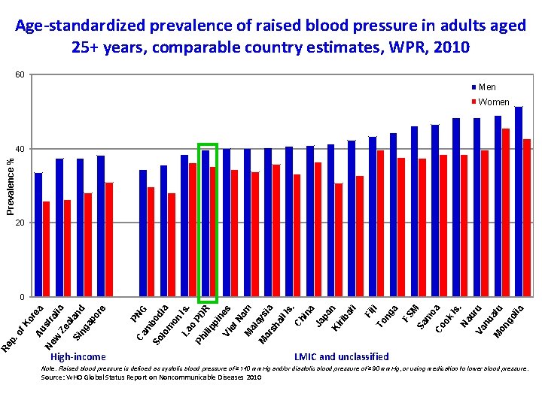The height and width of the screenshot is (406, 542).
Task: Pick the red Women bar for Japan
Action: pyautogui.click(x=339, y=240)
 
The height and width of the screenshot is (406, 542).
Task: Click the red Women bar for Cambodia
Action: pyautogui.click(x=172, y=245)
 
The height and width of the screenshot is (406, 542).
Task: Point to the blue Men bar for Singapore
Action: pyautogui.click(x=101, y=226)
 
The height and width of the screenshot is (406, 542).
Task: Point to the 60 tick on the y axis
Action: pyautogui.click(x=20, y=75)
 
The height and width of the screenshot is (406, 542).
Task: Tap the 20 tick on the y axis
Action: pyautogui.click(x=20, y=223)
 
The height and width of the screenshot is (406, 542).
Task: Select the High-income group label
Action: pyautogui.click(x=78, y=356)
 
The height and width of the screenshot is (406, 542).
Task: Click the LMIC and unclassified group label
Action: pyautogui.click(x=342, y=356)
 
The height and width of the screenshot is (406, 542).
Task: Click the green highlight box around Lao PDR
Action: pyautogui.click(x=207, y=144)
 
